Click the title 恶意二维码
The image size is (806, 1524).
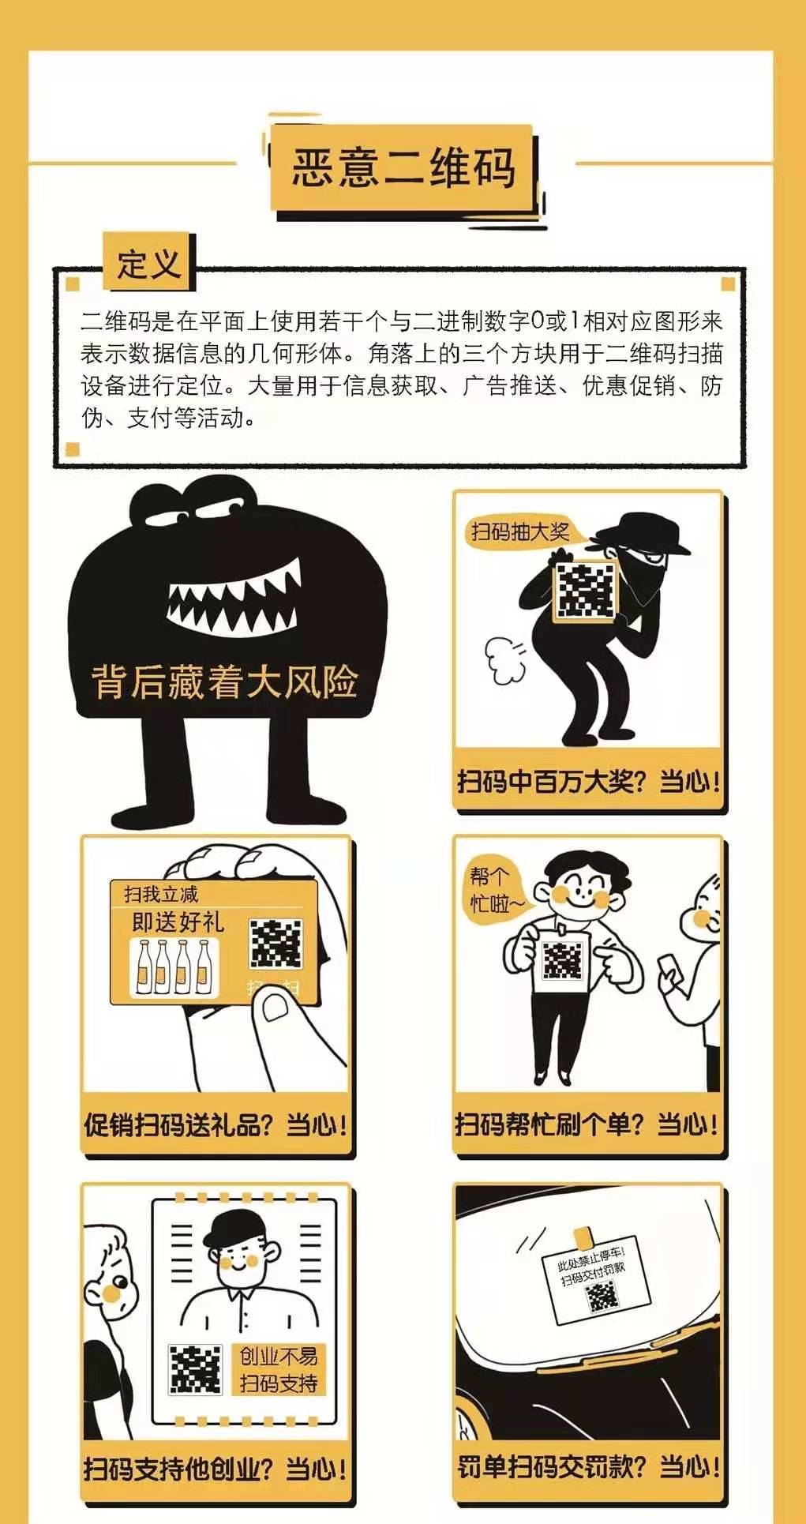(x=404, y=167)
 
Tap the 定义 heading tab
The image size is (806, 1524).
(x=149, y=262)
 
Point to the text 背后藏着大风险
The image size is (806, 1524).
(x=225, y=681)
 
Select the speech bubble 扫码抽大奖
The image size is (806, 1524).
(x=521, y=531)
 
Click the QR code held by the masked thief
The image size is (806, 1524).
(x=585, y=590)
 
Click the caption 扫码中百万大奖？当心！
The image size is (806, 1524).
(x=589, y=782)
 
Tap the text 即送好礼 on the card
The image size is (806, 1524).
(x=178, y=922)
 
